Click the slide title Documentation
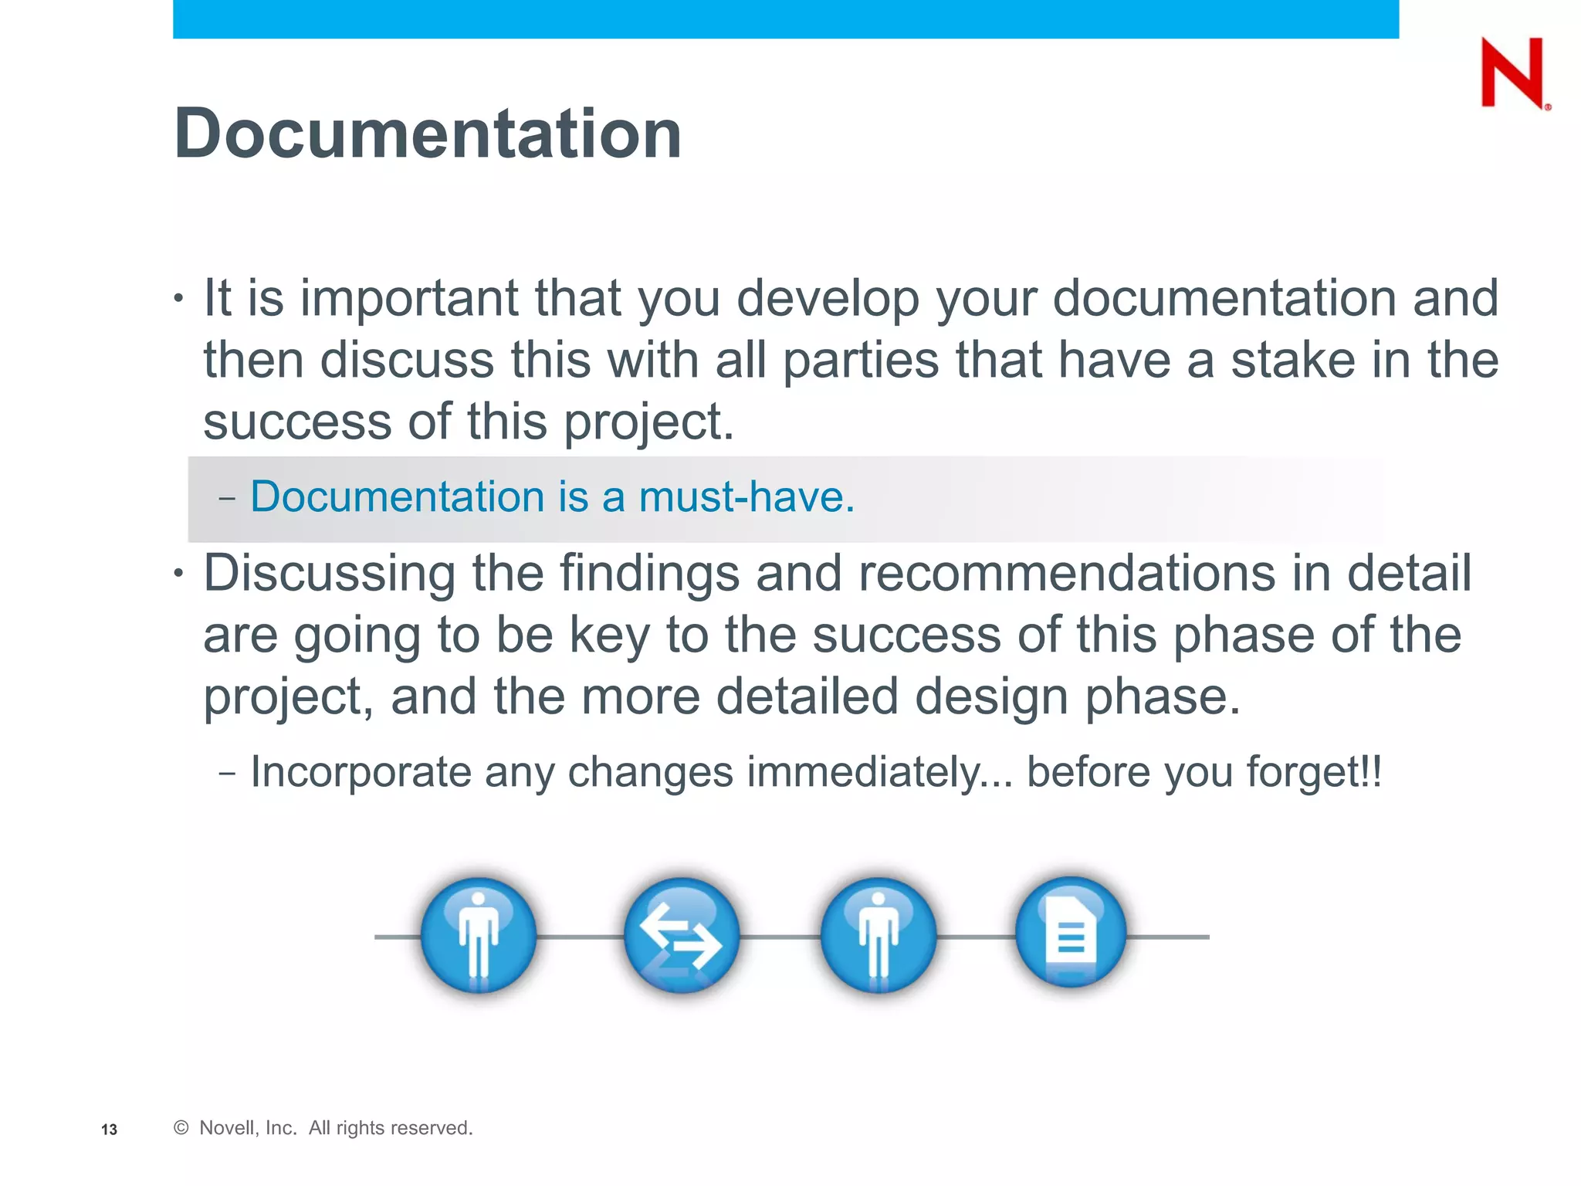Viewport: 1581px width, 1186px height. coord(428,134)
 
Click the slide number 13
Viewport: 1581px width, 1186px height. coord(109,1130)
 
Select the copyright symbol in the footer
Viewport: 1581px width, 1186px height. coord(181,1128)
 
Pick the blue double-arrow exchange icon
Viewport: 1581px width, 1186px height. coord(681,936)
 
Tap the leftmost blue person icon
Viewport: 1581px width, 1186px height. coord(479,936)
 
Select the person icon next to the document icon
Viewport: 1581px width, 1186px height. coord(878,936)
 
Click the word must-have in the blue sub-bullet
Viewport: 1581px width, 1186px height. coord(746,496)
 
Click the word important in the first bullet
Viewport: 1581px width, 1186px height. coord(409,299)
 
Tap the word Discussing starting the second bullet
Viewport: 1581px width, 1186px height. coord(329,574)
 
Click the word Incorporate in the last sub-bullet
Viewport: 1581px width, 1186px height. coord(361,772)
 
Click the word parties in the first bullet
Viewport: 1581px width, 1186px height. coord(861,361)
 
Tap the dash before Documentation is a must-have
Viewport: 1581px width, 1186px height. coord(227,498)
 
